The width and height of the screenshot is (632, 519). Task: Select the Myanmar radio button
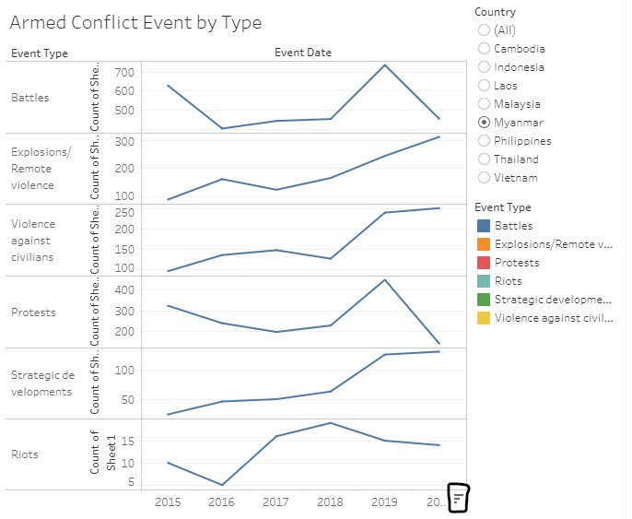485,123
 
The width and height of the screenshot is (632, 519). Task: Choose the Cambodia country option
485,49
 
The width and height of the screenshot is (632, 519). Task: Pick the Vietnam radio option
485,178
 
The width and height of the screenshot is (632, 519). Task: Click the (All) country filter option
485,30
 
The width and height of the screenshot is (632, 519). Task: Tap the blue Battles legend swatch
483,226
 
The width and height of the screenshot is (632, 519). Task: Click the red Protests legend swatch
483,263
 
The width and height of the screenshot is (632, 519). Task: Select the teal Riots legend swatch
483,281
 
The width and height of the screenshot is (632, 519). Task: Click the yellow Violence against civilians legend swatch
483,318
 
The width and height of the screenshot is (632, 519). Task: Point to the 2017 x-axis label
276,502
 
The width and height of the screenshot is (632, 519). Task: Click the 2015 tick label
168,502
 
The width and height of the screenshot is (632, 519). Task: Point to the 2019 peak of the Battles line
385,65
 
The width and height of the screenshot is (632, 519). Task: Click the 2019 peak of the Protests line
385,279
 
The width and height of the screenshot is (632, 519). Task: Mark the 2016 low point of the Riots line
222,485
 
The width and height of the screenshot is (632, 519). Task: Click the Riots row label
26,454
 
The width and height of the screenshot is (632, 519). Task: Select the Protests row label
33,313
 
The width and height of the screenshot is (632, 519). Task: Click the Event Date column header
303,53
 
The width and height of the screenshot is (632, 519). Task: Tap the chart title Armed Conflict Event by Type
135,23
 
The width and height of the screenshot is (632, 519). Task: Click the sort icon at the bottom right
459,498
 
